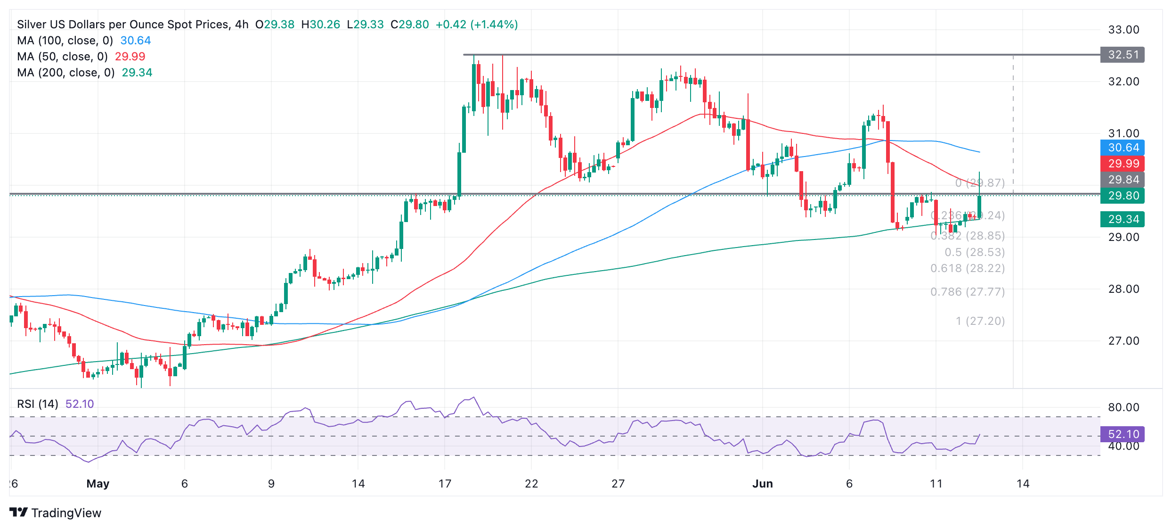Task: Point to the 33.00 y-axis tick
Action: (1123, 30)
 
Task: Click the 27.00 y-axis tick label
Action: (1123, 341)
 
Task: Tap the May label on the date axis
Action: (98, 484)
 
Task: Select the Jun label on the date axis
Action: (762, 484)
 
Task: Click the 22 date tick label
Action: (531, 484)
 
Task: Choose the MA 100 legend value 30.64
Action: (136, 41)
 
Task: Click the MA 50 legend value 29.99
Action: (130, 57)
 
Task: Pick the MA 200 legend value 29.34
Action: (137, 73)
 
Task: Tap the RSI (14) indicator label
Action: (38, 404)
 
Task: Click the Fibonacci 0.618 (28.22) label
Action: (968, 268)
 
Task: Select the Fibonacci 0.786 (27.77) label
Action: (968, 292)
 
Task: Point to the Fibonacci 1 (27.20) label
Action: (980, 321)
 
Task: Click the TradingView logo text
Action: (66, 513)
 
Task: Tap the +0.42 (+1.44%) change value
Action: (477, 25)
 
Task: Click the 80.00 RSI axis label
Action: (1123, 407)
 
